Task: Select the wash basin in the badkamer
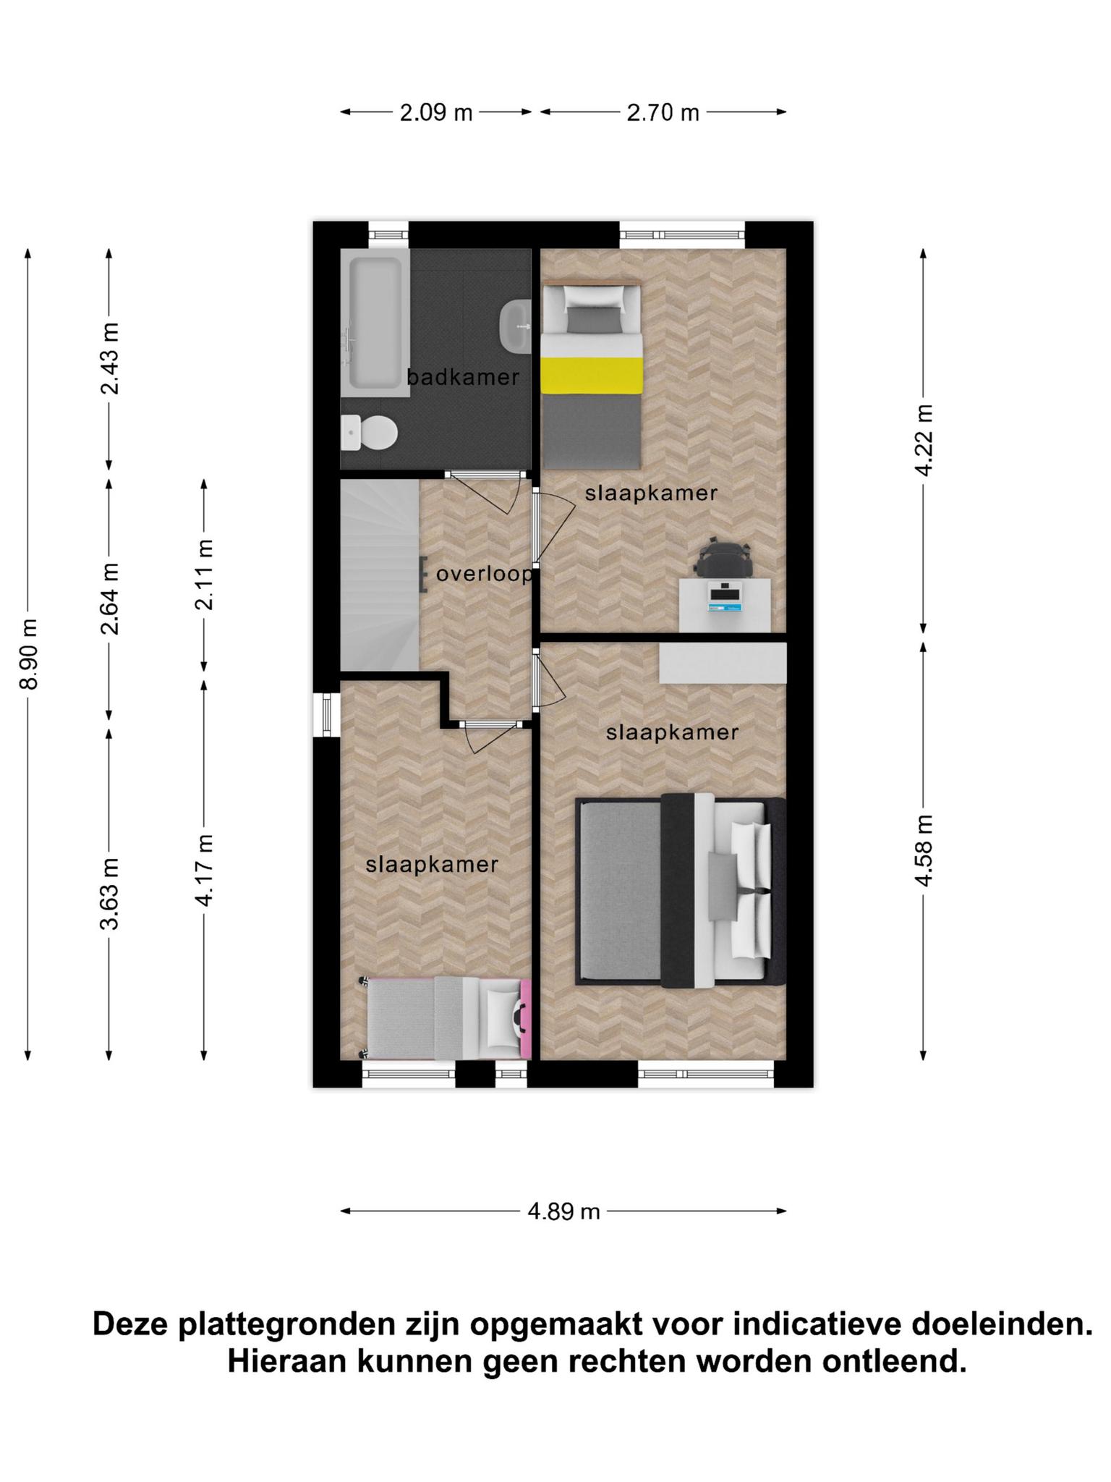point(516,325)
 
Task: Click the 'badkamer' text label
point(463,377)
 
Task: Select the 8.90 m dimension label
point(29,654)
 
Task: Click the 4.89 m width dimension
point(564,1211)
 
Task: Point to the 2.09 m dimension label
point(436,113)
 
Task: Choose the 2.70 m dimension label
point(663,113)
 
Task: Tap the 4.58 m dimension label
point(924,850)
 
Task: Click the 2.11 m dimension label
point(205,575)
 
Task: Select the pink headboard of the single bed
point(526,1019)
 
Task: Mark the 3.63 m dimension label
point(110,894)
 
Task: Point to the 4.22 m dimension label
point(924,440)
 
